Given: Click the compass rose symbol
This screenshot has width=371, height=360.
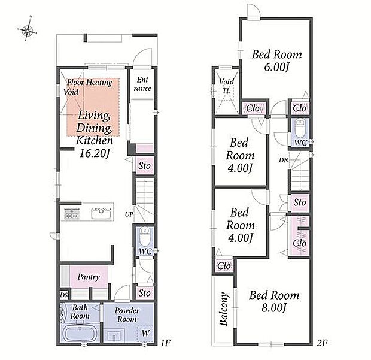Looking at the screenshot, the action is click(27, 30).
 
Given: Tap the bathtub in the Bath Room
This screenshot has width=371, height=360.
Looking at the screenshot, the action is click(80, 333).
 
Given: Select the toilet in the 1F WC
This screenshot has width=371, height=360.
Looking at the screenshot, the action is click(144, 237).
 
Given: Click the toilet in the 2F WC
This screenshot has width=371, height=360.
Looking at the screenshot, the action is click(300, 129).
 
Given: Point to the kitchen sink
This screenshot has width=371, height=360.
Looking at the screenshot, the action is click(101, 213).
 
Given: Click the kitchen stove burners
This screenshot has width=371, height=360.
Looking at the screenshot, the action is click(71, 213).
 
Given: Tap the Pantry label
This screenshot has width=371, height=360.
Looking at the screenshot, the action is click(89, 277).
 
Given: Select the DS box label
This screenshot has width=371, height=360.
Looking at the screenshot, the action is click(63, 295).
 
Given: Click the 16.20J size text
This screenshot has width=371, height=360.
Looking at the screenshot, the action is click(94, 153).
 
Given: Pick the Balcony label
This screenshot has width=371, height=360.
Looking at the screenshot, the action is click(223, 309).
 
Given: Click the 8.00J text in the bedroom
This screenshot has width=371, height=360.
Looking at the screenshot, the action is click(274, 308).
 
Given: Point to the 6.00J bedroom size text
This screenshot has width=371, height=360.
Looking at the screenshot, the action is click(276, 67).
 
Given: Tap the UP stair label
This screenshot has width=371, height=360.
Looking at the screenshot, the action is click(129, 214).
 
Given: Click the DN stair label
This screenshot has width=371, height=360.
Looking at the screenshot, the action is click(284, 161).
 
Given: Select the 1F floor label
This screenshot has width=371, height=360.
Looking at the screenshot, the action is click(165, 343).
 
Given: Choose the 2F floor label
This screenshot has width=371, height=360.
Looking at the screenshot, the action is click(322, 343).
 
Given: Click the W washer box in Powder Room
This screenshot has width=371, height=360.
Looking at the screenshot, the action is click(145, 334).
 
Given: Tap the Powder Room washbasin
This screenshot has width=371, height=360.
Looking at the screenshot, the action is click(115, 335).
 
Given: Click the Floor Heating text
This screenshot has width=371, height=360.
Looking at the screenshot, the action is click(90, 83).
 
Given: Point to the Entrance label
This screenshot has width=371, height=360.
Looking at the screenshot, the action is click(142, 84).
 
